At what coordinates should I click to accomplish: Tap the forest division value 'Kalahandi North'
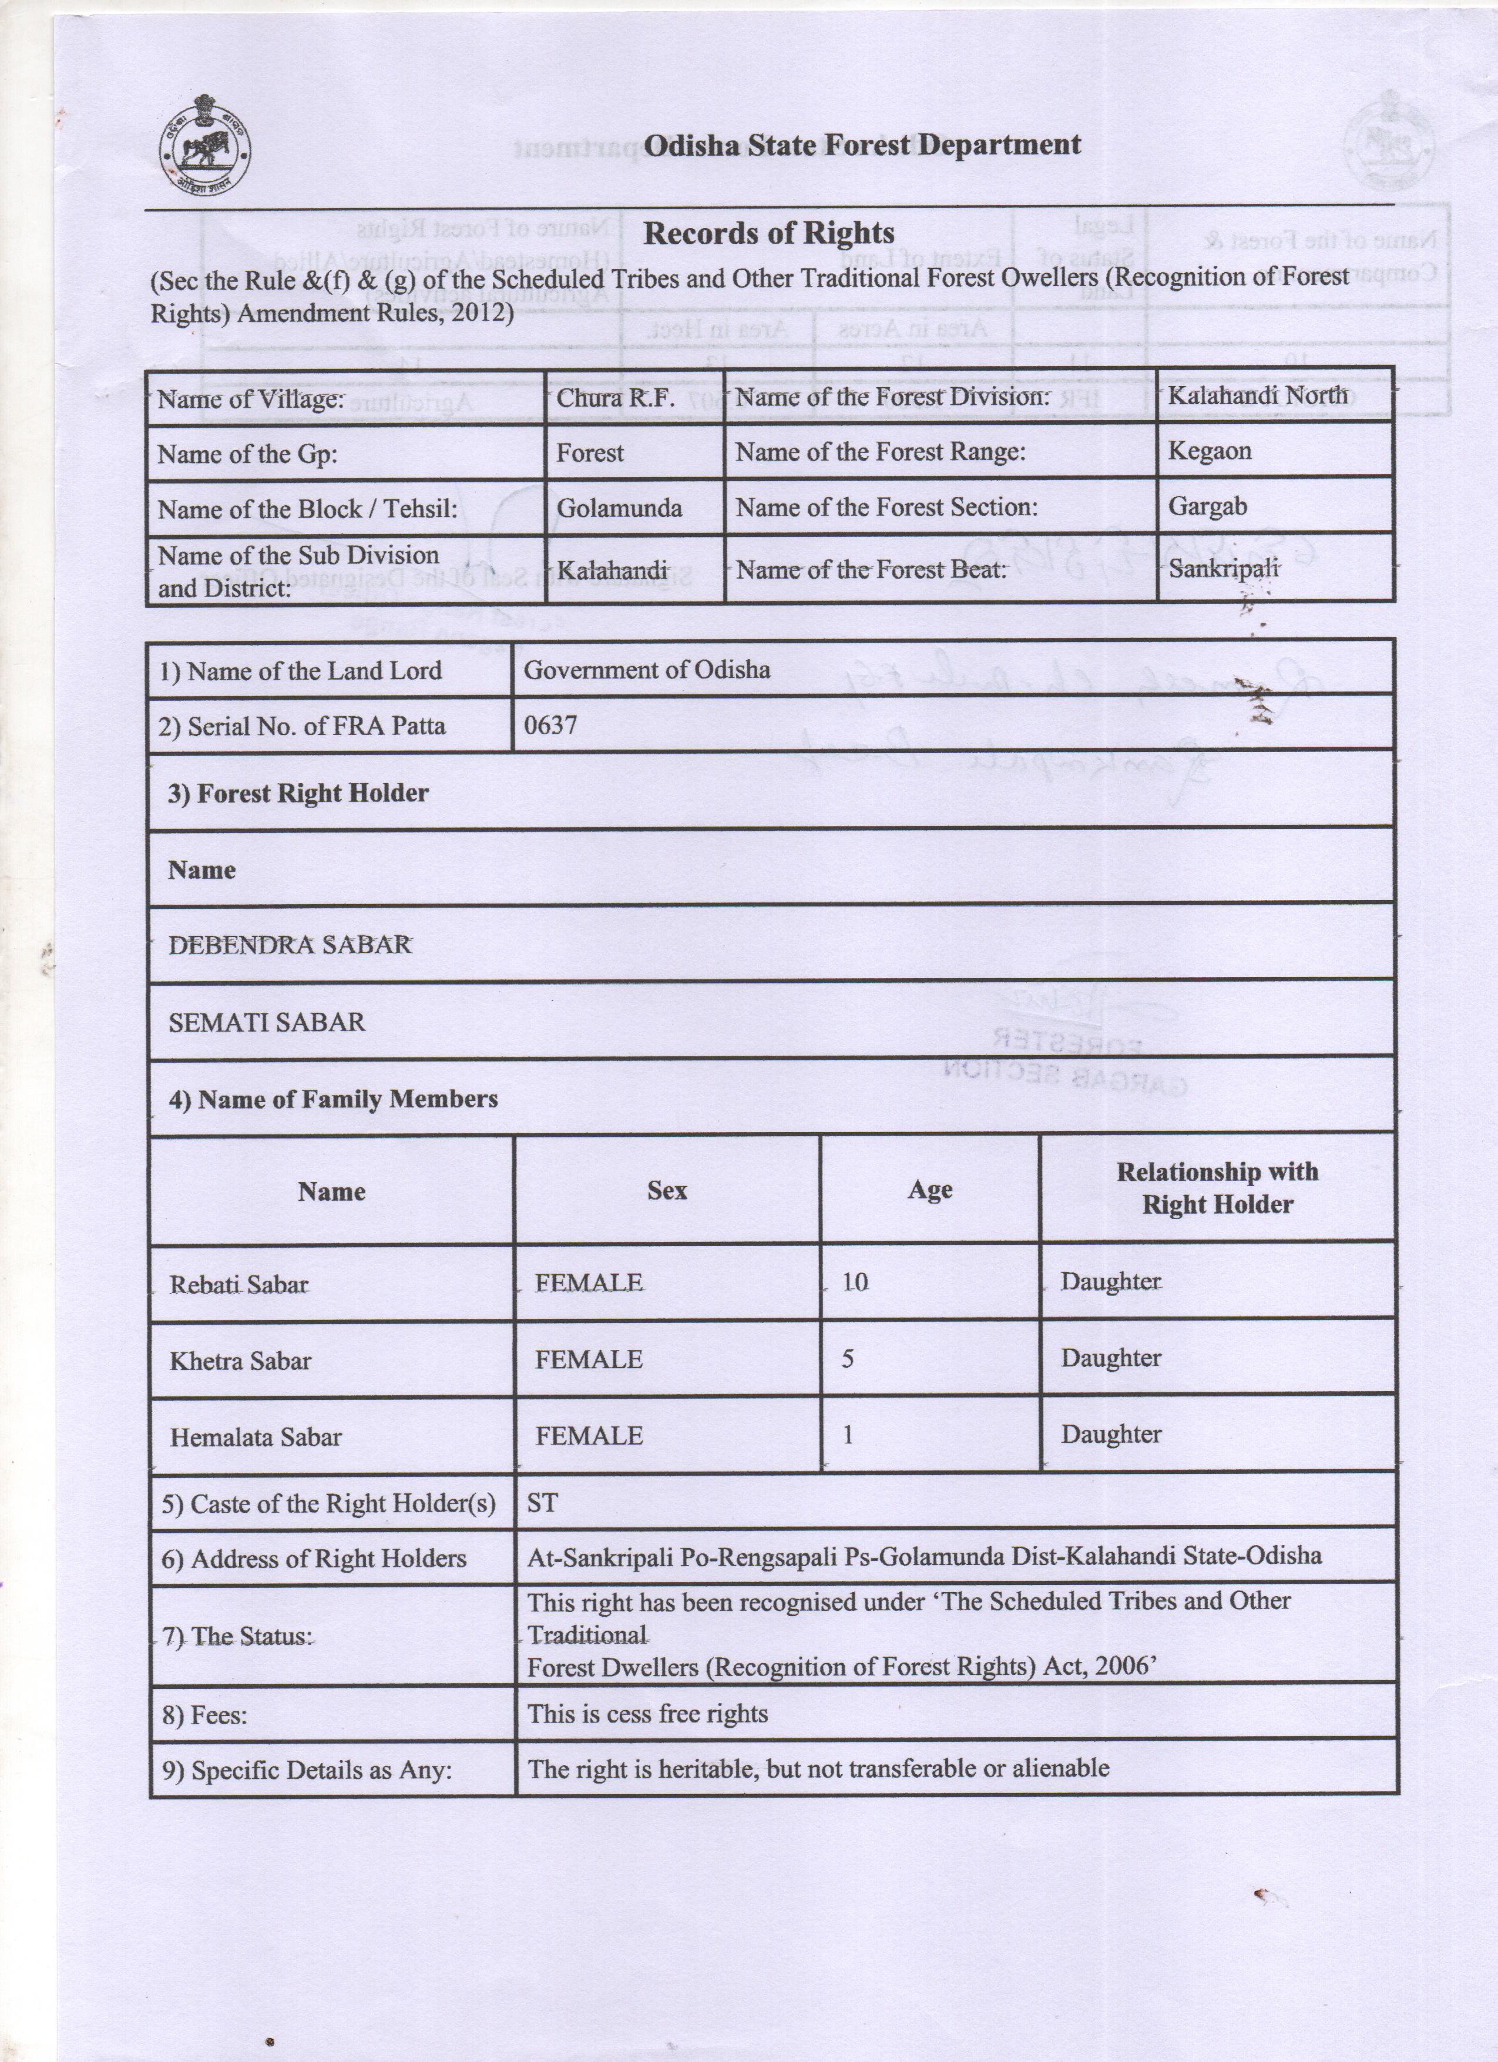tap(1257, 395)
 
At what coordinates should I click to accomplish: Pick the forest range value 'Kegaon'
tap(1209, 451)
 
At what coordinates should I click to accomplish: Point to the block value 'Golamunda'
tap(619, 508)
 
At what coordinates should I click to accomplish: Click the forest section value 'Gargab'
tap(1207, 506)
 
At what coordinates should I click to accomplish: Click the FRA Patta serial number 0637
tap(550, 724)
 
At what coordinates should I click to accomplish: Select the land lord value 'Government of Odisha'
tap(646, 670)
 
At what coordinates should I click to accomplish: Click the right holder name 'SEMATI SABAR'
tap(266, 1022)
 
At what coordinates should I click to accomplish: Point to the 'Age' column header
tap(930, 1190)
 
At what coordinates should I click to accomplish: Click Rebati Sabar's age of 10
tap(854, 1282)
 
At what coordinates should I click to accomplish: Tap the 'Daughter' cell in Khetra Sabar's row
tap(1111, 1358)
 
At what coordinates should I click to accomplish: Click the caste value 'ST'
tap(542, 1503)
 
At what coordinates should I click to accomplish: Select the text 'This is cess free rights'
tap(647, 1714)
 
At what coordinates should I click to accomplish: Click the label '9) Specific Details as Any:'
tap(306, 1770)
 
